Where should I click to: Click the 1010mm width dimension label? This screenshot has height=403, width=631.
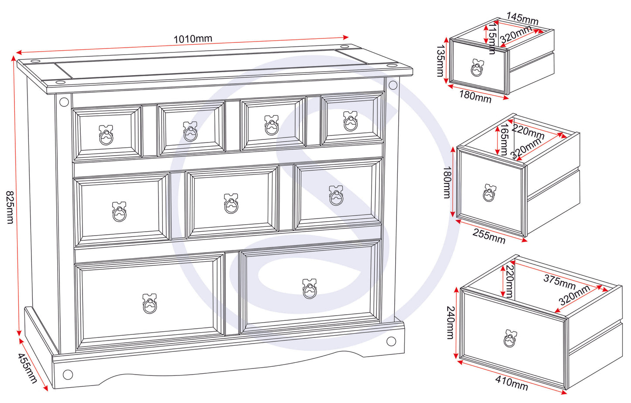[x=193, y=39]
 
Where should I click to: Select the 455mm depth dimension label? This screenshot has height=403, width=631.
[x=27, y=368]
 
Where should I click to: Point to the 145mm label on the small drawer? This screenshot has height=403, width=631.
[x=522, y=19]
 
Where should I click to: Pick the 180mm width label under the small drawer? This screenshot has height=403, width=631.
[x=475, y=96]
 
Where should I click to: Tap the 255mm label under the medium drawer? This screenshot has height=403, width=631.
[x=489, y=236]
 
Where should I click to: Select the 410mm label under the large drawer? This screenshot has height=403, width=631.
[x=511, y=383]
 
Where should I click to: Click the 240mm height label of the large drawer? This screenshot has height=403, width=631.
[x=450, y=323]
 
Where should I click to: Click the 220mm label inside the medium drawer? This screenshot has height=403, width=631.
[x=528, y=130]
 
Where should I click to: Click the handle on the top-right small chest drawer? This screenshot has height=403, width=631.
[x=350, y=121]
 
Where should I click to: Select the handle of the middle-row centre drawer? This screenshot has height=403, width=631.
[x=231, y=204]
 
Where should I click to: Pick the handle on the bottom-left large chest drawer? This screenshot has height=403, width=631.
[x=149, y=304]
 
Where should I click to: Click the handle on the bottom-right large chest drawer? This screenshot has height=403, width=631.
[x=309, y=289]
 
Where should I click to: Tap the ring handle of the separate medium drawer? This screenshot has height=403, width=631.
[x=490, y=193]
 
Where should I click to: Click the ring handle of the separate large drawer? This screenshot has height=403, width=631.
[x=510, y=338]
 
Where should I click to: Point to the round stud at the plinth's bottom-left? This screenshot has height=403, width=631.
[x=68, y=374]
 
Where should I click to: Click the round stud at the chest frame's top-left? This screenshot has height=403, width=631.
[x=64, y=102]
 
